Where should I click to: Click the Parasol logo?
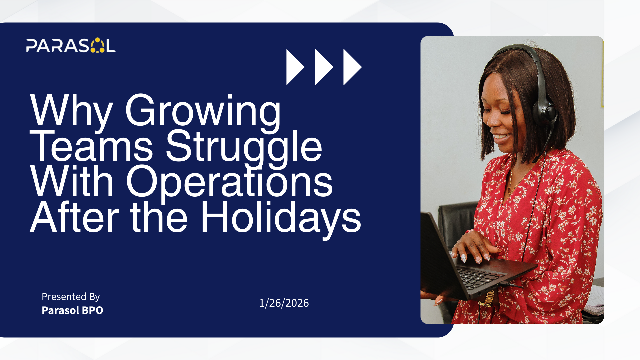click(71, 45)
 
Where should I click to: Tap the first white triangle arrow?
click(295, 67)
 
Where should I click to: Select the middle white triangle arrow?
click(323, 67)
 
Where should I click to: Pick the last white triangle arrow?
click(352, 67)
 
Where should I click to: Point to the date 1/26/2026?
click(284, 303)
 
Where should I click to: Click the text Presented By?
click(71, 297)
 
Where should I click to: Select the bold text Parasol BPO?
click(72, 310)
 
